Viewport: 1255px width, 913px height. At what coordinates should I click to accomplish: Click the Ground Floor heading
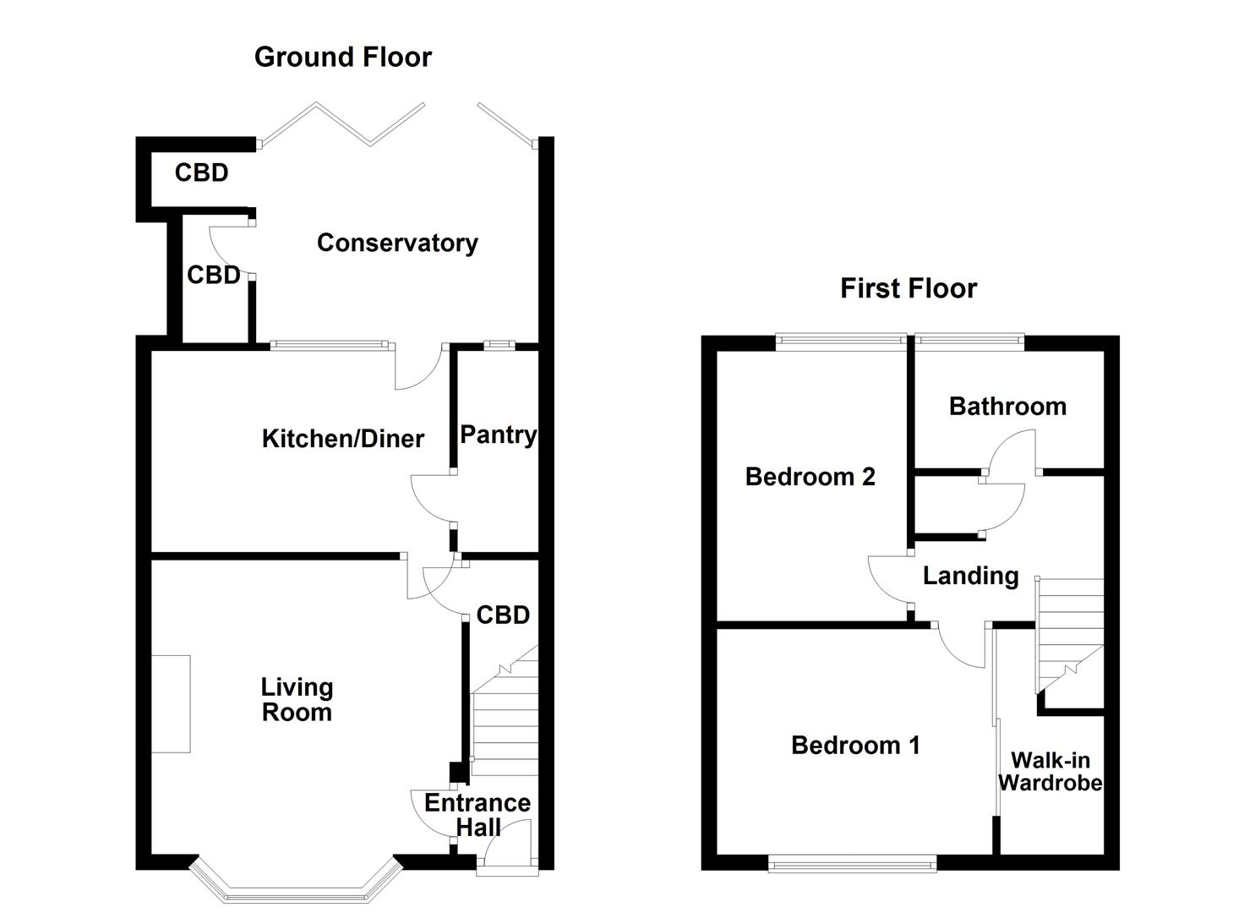click(x=342, y=57)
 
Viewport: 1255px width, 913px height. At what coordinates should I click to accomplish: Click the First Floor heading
click(x=908, y=289)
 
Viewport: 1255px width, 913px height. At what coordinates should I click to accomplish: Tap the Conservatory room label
click(x=397, y=243)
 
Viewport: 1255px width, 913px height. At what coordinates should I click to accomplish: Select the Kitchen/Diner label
click(x=342, y=439)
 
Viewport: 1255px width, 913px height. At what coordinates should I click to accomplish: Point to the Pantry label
click(x=498, y=435)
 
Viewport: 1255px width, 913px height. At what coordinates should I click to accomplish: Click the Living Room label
click(x=297, y=700)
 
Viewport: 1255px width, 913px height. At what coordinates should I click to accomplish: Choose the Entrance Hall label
click(x=477, y=815)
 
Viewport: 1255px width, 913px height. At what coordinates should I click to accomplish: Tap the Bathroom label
click(x=1007, y=407)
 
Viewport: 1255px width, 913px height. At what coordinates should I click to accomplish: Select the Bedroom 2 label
click(x=810, y=477)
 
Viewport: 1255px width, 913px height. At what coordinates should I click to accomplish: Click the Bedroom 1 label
click(x=855, y=746)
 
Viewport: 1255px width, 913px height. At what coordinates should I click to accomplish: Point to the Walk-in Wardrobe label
click(x=1050, y=772)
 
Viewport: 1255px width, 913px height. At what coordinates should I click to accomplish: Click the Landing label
click(x=970, y=577)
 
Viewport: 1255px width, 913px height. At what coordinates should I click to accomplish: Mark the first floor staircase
click(x=1070, y=630)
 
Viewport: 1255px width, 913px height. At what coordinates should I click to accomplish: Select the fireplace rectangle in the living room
click(x=171, y=703)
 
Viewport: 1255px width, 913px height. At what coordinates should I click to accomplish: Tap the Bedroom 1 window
click(x=853, y=863)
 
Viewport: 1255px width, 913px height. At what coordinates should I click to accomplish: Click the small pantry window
click(x=499, y=344)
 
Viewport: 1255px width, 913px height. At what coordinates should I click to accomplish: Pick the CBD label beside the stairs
click(x=503, y=615)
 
